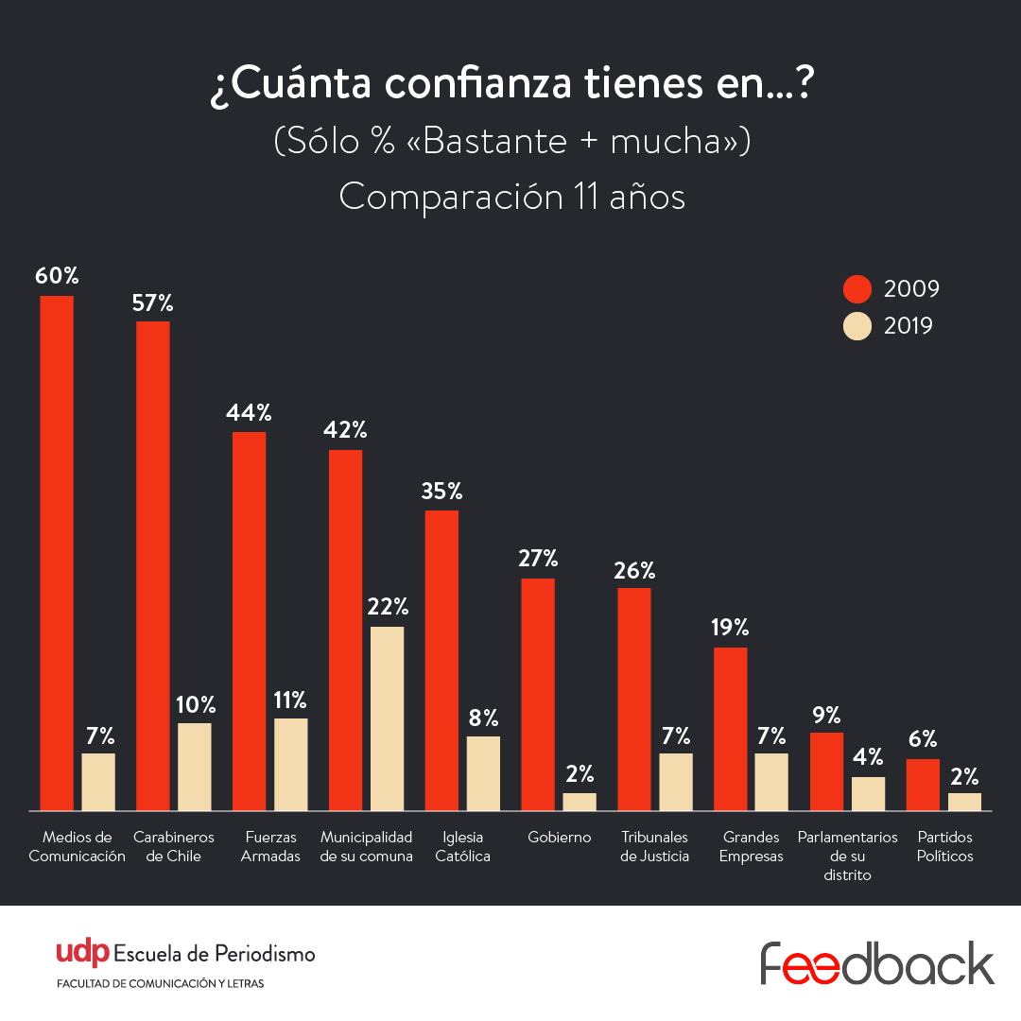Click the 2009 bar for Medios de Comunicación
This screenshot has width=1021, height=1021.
point(57,553)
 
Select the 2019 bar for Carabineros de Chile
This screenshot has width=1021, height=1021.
point(195,767)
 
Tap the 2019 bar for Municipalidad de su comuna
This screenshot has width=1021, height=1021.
point(387,718)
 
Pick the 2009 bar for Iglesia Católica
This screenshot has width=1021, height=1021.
point(441,660)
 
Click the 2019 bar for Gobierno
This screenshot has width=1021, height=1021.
point(580,802)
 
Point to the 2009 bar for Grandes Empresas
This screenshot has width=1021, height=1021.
point(730,729)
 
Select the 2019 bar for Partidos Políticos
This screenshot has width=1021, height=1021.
point(964,802)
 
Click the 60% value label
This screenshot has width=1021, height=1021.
point(57,276)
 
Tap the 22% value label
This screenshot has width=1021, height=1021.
point(388,606)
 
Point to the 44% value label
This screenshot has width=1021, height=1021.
point(249,412)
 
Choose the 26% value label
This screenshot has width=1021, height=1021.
point(633,570)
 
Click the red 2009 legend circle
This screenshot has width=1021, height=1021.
point(857,289)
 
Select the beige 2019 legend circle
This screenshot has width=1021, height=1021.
point(857,326)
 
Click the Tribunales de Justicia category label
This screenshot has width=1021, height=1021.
point(654,846)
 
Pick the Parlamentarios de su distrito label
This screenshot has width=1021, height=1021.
point(848,856)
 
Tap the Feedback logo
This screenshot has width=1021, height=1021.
point(877,963)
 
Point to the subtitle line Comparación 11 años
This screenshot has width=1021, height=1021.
point(511,198)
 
